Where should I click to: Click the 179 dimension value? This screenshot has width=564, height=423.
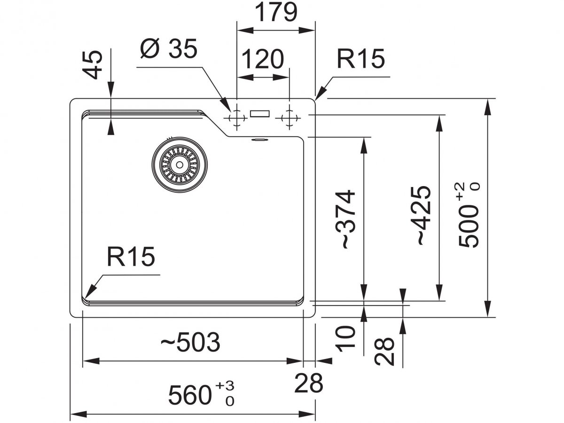tap(276, 13)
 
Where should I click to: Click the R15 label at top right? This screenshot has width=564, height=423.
tap(360, 59)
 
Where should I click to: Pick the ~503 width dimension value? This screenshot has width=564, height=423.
tap(190, 343)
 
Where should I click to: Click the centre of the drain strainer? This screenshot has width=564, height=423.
tap(179, 164)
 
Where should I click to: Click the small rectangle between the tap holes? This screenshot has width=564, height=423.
tap(260, 113)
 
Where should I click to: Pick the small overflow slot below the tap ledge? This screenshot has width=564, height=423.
tap(258, 140)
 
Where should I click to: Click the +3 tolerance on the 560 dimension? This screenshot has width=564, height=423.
tap(225, 386)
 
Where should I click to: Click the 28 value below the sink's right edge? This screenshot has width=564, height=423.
tap(309, 383)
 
